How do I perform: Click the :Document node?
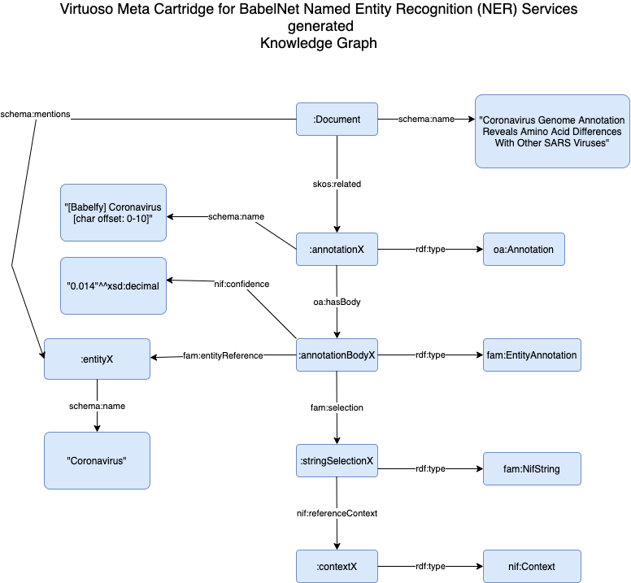click(337, 120)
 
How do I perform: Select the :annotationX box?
click(337, 250)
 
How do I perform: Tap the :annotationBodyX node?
click(337, 355)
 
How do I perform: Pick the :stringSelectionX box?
click(337, 461)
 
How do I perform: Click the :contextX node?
click(337, 566)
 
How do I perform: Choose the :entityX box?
click(98, 359)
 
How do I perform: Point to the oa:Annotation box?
click(524, 250)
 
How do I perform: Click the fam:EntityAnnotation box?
click(532, 355)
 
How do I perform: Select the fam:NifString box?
click(532, 469)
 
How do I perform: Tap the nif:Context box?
click(532, 566)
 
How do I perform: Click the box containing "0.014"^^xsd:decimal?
click(113, 285)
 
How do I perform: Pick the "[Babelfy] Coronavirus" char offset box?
click(113, 212)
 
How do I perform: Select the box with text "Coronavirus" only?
click(98, 460)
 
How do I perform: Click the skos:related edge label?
click(337, 184)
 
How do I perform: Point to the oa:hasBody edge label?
click(337, 302)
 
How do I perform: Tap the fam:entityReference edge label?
click(223, 355)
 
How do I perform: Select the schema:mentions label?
click(36, 114)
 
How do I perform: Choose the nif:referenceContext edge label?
click(337, 513)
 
